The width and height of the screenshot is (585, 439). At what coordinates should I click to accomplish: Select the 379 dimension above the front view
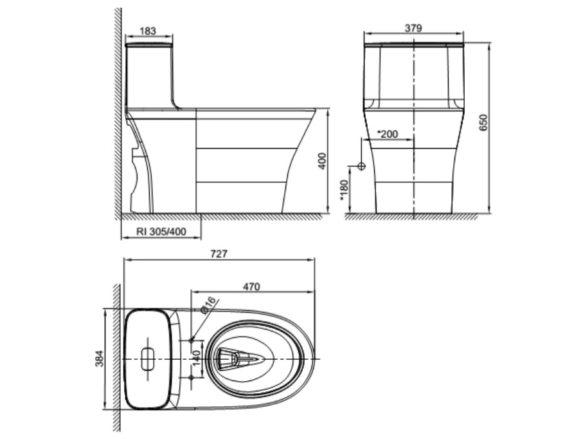413,28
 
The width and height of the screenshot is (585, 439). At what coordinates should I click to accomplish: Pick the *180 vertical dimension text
344,190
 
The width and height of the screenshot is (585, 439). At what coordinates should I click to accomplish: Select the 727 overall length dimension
219,254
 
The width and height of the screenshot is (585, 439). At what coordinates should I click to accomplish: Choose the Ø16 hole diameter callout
209,306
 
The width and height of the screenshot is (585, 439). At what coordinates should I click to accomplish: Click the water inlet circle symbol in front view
361,166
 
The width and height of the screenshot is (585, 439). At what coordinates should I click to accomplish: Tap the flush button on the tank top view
147,358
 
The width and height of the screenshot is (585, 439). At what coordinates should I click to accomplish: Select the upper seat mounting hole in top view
192,340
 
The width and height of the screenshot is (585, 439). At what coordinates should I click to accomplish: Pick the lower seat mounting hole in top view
192,375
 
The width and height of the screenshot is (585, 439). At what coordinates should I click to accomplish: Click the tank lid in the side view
149,46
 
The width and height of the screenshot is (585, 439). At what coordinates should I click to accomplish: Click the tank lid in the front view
413,45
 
